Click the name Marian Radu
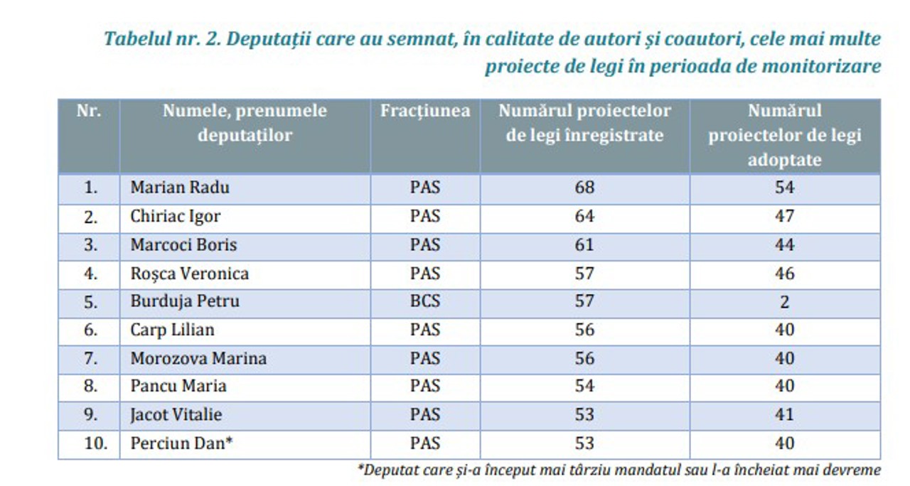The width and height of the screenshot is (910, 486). pyautogui.click(x=180, y=188)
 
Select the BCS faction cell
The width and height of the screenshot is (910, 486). pyautogui.click(x=424, y=301)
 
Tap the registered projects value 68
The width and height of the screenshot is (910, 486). pyautogui.click(x=584, y=188)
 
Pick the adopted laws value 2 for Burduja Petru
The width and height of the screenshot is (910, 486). pyautogui.click(x=784, y=302)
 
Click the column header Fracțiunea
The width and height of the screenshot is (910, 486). pyautogui.click(x=424, y=111)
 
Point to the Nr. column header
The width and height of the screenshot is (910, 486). pyautogui.click(x=89, y=111)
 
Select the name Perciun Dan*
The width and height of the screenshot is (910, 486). pyautogui.click(x=182, y=443)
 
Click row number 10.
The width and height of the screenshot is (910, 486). pyautogui.click(x=90, y=443)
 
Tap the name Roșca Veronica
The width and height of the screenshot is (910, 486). pyautogui.click(x=189, y=274)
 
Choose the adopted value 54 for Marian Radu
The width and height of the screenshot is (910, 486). pyautogui.click(x=784, y=188)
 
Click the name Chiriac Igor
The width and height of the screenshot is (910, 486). pyautogui.click(x=175, y=217)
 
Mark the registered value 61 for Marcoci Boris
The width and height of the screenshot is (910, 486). pyautogui.click(x=584, y=245)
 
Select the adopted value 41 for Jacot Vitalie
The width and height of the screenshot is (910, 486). pyautogui.click(x=784, y=415)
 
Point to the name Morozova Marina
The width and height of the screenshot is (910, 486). pyautogui.click(x=198, y=358)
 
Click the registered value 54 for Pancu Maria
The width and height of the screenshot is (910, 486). pyautogui.click(x=584, y=387)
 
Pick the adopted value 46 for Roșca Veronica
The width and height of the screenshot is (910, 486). pyautogui.click(x=784, y=274)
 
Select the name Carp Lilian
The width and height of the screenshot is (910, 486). pyautogui.click(x=172, y=330)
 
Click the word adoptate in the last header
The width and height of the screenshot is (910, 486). pyautogui.click(x=784, y=160)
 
